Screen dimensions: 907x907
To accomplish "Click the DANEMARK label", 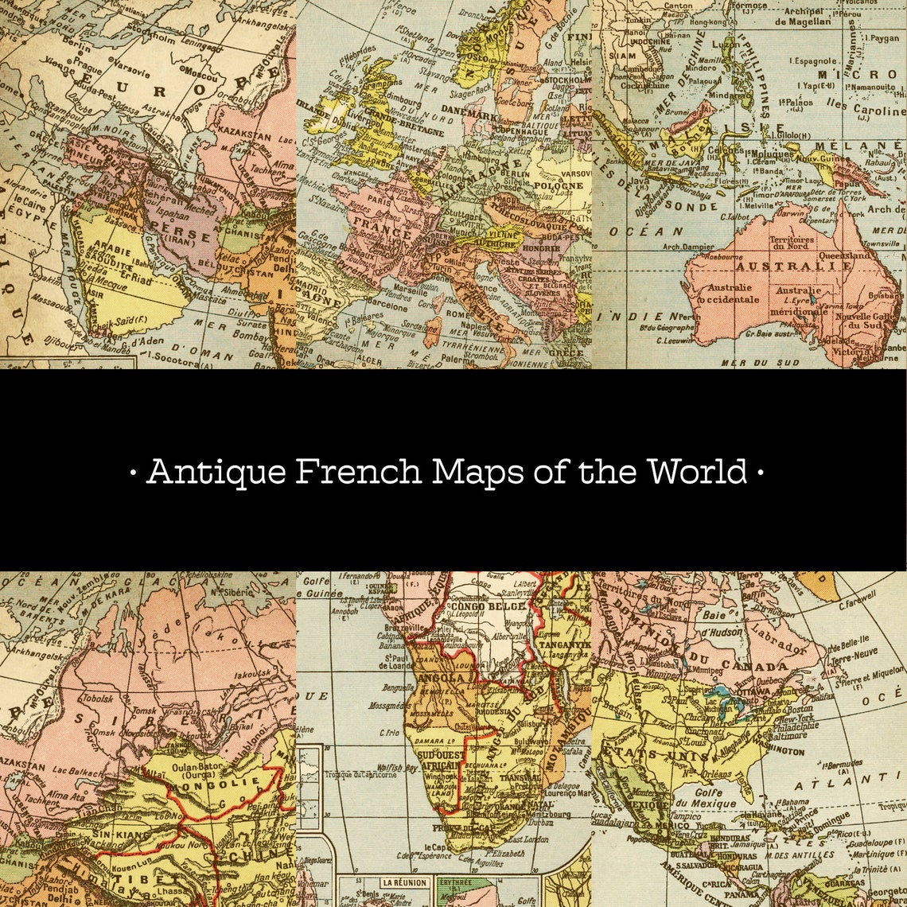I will coord(468,115).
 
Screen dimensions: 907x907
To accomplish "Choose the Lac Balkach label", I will coord(77,772).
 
